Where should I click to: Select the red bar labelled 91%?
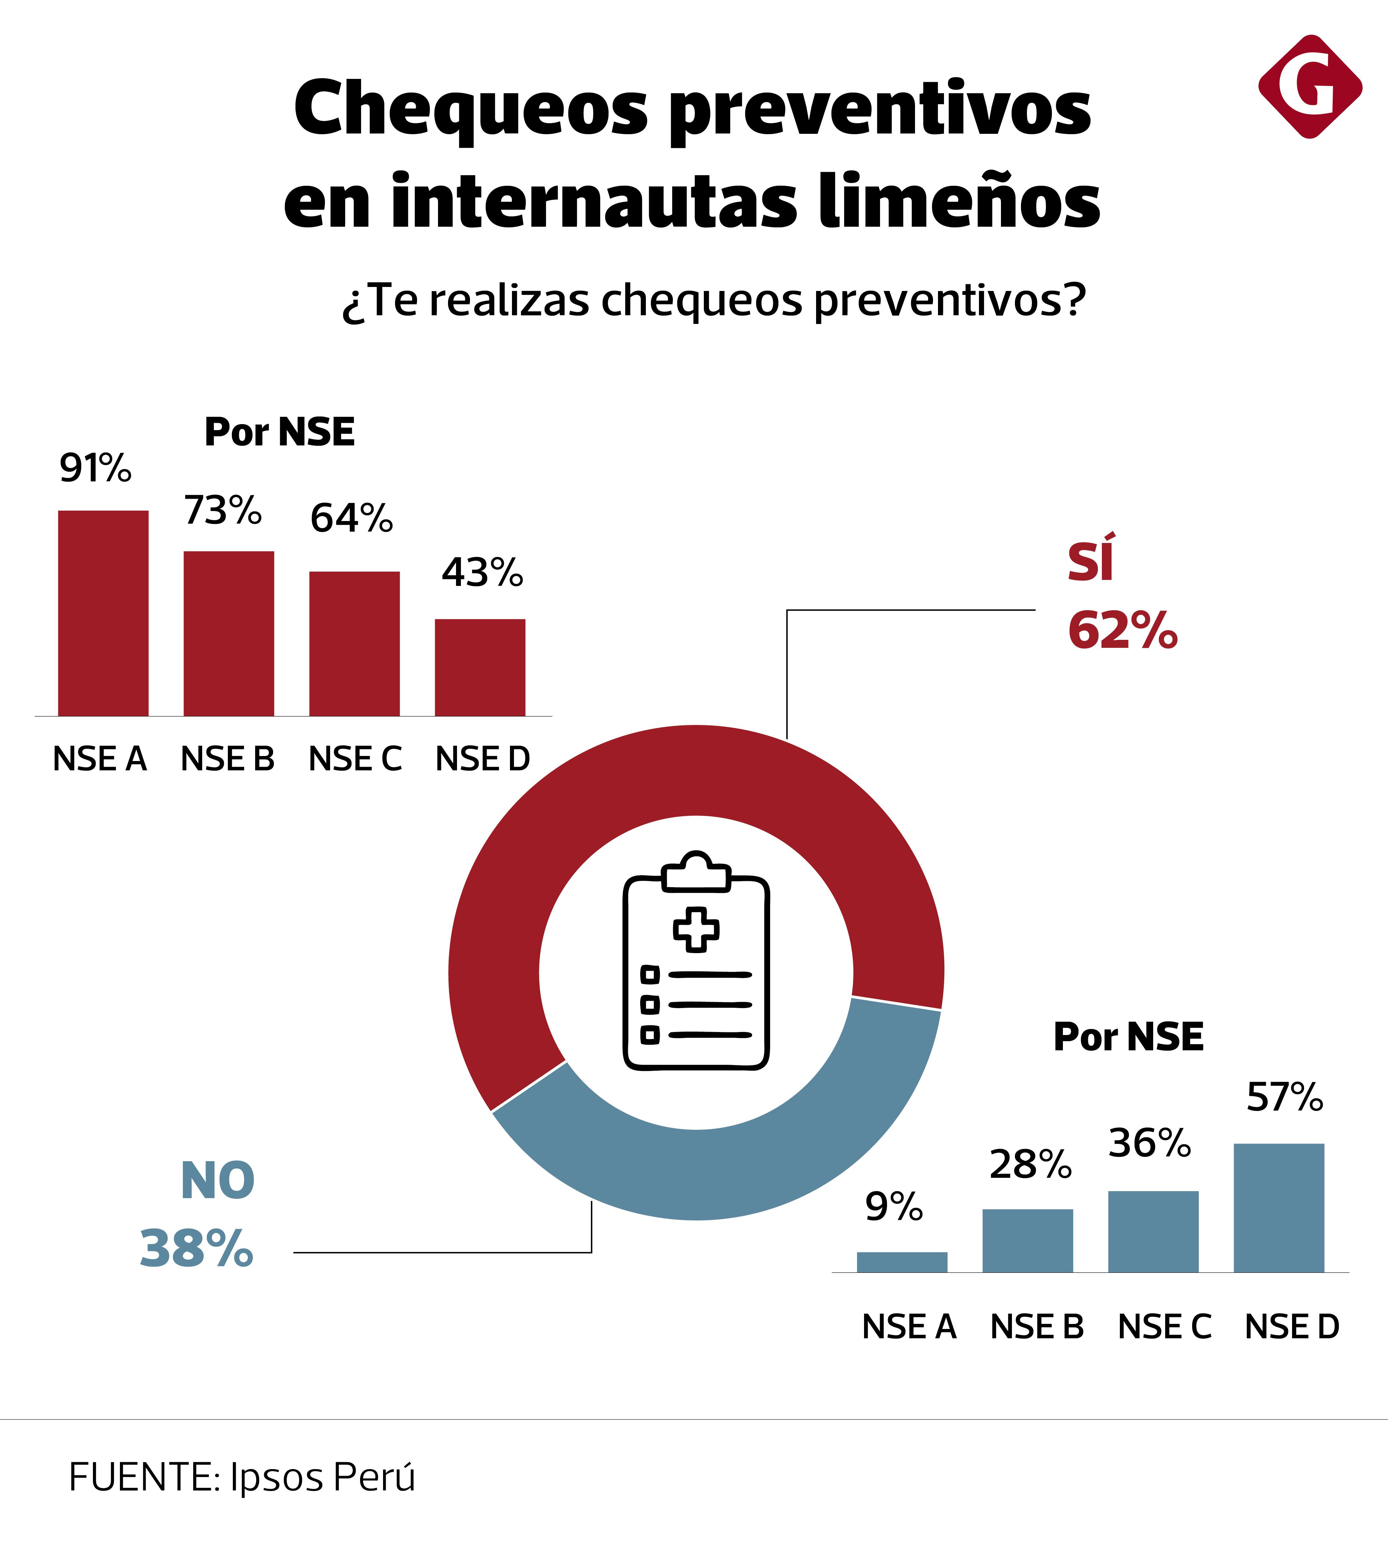click(x=103, y=613)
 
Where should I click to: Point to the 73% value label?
click(x=223, y=511)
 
